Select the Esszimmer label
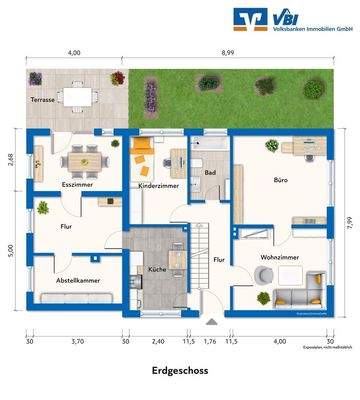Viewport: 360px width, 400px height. (x=77, y=185)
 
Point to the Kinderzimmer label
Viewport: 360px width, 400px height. (x=159, y=186)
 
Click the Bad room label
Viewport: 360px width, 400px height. (x=210, y=172)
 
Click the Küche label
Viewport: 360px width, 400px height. (x=157, y=271)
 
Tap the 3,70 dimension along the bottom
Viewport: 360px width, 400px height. (x=76, y=340)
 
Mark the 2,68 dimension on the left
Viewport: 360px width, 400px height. (x=10, y=160)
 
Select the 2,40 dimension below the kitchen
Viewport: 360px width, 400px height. (x=157, y=340)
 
